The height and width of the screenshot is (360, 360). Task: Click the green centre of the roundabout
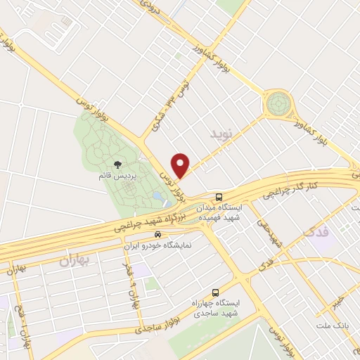[x=277, y=104]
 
